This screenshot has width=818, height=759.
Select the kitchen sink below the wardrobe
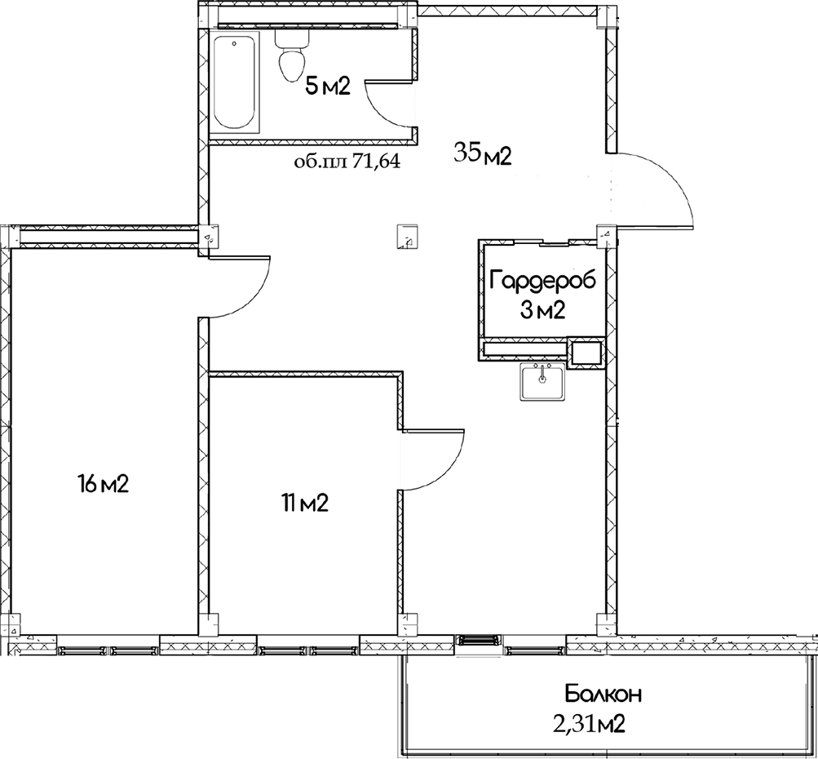(542, 382)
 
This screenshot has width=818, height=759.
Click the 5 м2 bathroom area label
(327, 87)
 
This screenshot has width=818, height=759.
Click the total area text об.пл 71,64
(347, 162)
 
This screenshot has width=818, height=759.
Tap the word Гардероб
(542, 280)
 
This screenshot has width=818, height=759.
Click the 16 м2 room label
(104, 485)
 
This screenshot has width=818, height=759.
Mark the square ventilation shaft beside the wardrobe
(586, 353)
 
